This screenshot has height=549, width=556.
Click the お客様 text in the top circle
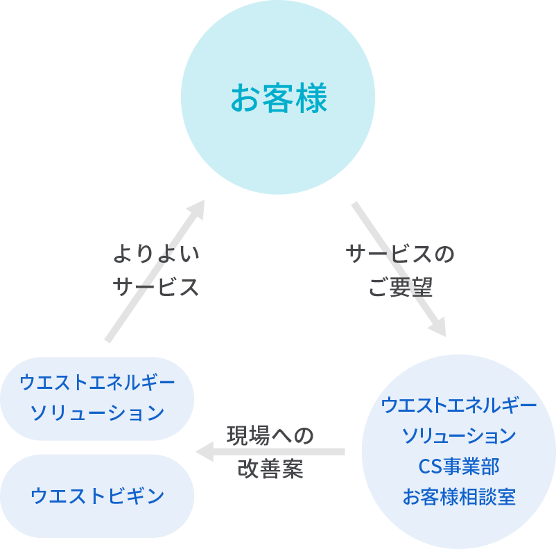click(x=278, y=98)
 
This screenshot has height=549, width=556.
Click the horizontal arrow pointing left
click(x=277, y=452)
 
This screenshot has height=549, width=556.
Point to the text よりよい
click(x=156, y=254)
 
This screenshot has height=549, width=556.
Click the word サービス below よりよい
click(x=156, y=287)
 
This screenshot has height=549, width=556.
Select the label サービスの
click(x=400, y=254)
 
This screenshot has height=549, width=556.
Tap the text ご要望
click(x=400, y=287)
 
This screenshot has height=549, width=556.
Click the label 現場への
click(x=270, y=435)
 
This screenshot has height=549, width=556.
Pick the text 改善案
click(x=270, y=469)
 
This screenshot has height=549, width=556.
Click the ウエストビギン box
click(x=97, y=496)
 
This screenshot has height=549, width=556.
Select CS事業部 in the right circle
click(x=459, y=466)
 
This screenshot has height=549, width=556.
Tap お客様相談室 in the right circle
click(x=459, y=496)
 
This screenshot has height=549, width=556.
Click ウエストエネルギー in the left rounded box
click(x=97, y=382)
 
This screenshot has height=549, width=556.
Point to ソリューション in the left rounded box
click(x=97, y=413)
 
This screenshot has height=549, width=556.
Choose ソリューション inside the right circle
click(x=459, y=435)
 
